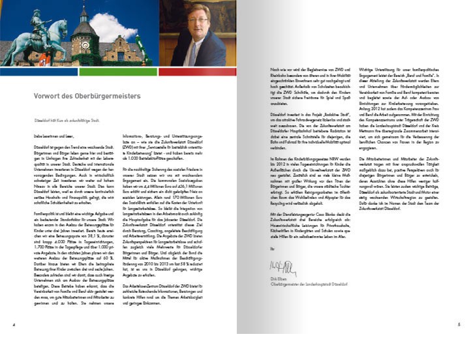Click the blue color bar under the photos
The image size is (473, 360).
click(38, 70)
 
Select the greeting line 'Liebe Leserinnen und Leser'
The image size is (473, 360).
click(48, 136)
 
